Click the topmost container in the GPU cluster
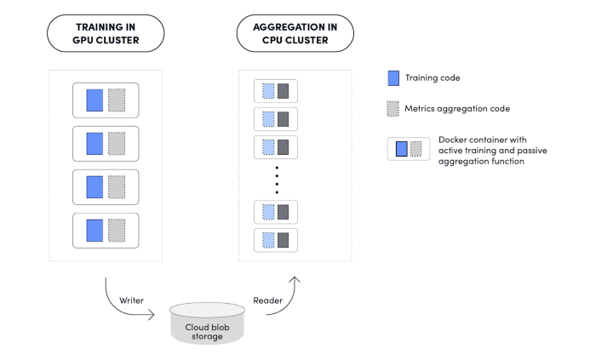click(106, 100)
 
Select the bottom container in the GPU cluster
click(106, 230)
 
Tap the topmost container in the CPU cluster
click(276, 91)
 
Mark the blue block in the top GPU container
click(95, 100)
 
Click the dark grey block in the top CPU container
click(284, 91)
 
